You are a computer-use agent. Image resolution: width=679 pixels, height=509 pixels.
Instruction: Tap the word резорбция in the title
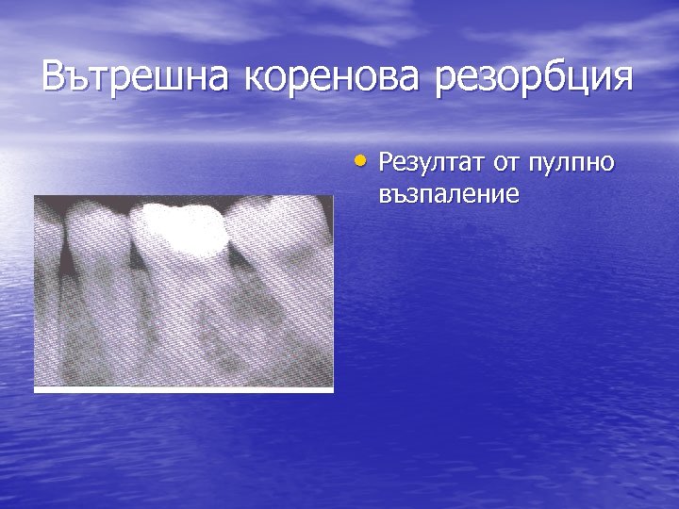coord(532,79)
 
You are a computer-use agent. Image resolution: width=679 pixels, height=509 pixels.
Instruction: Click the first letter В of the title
coord(56,77)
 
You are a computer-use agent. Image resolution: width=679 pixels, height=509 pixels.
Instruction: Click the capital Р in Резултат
coord(385,163)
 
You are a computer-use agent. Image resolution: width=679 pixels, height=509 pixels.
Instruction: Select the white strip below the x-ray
coord(184,389)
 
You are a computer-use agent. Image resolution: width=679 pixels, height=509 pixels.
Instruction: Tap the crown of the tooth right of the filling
coord(278,226)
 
